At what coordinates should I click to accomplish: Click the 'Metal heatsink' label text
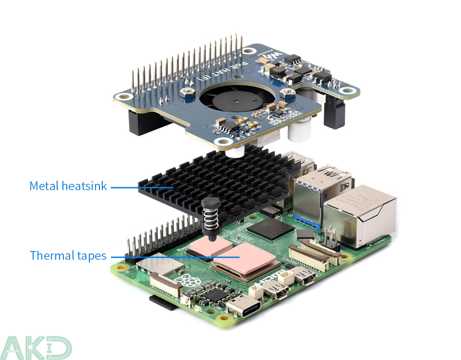click(68, 186)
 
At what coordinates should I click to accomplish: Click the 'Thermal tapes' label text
click(68, 255)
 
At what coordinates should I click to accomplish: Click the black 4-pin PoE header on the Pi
click(330, 239)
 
